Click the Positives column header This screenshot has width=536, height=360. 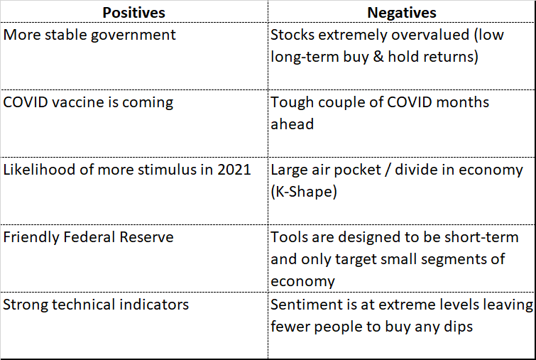pos(133,13)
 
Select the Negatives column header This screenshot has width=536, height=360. pos(402,13)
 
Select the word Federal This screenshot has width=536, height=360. pos(89,237)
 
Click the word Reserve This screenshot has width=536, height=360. pos(147,237)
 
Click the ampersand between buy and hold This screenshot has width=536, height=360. pos(378,56)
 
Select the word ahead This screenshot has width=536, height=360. pos(292,124)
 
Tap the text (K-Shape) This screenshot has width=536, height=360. pos(304,192)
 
